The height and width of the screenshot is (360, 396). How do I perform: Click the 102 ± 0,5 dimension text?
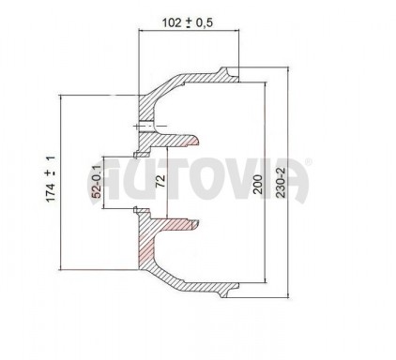(188, 22)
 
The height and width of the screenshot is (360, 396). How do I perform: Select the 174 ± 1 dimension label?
(51, 179)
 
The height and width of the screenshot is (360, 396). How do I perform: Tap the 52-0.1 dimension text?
(97, 182)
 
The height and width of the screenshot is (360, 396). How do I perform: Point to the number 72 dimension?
(160, 181)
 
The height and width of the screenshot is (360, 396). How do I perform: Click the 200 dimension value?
(258, 185)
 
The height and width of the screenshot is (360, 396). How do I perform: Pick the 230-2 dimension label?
(281, 183)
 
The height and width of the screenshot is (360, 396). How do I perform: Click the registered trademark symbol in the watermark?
(308, 161)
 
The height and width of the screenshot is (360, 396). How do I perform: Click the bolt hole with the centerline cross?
(145, 127)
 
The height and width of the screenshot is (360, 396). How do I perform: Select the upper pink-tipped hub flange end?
(191, 142)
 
